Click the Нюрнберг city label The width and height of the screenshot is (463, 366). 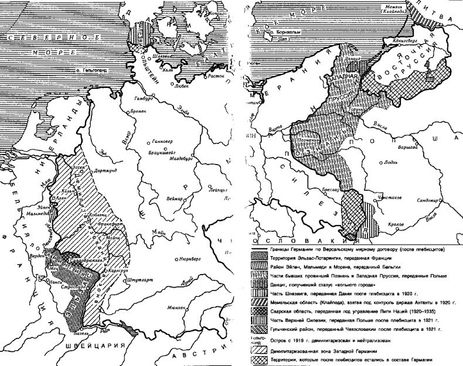[x=196, y=255]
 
